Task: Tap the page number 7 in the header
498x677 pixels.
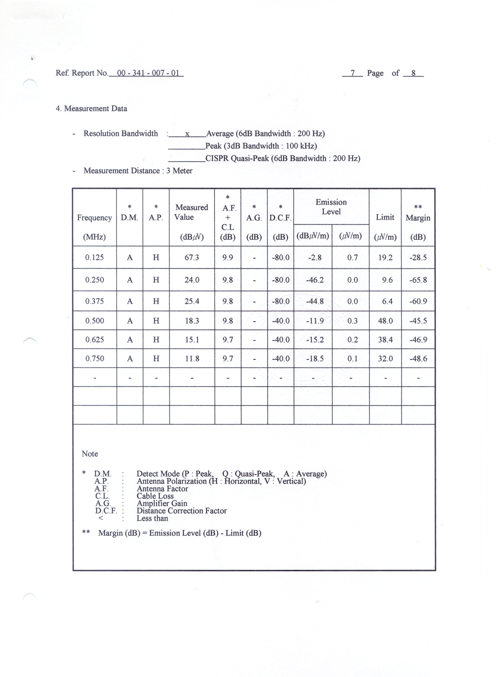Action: pos(353,73)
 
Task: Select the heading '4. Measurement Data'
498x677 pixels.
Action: pos(92,109)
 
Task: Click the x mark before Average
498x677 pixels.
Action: pos(187,134)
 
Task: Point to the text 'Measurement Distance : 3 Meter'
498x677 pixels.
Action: pos(138,171)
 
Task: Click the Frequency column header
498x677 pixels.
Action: pos(94,218)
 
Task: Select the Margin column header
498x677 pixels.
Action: pos(418,218)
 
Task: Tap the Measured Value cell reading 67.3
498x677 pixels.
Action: pos(192,258)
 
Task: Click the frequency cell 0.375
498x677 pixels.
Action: pos(94,301)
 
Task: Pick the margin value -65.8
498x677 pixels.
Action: pos(418,280)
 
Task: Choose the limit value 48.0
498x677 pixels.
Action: pos(385,321)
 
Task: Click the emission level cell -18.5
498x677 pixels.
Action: pos(315,359)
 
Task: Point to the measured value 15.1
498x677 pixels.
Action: pos(192,340)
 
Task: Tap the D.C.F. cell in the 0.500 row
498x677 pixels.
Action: pos(280,321)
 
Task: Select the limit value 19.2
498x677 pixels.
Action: pos(385,258)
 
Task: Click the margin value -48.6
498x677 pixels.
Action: pos(418,359)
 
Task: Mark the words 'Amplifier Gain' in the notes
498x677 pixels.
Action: pos(162,503)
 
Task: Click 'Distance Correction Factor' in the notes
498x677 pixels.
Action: pos(181,511)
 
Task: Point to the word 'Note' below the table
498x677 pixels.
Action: pos(90,454)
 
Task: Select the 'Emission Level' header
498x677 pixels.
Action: pos(331,207)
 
